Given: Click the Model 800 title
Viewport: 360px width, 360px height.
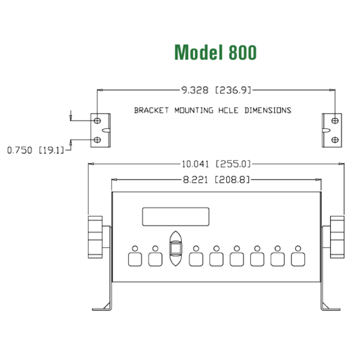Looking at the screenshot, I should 216,53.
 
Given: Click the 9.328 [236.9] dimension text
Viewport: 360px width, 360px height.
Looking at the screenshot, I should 216,90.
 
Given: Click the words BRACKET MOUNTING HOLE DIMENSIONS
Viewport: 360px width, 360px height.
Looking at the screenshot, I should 212,110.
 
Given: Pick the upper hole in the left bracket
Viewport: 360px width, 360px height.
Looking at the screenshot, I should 97,120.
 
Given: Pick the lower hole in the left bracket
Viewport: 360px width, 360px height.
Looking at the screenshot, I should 97,140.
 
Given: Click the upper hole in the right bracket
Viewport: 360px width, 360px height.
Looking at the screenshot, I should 334,120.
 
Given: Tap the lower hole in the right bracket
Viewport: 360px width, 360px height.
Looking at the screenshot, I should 334,140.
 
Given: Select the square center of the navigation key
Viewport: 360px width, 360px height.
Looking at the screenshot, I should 175,248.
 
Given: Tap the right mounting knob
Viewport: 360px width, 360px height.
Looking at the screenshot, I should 337,237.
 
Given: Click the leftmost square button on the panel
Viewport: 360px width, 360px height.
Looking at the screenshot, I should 135,259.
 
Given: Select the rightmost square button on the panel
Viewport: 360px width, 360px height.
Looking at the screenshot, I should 298,259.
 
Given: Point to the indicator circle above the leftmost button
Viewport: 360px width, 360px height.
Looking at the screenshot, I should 135,248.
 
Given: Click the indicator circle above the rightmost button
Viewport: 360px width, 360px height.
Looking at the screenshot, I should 298,248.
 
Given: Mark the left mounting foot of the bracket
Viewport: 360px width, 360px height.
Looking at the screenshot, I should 101,307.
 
